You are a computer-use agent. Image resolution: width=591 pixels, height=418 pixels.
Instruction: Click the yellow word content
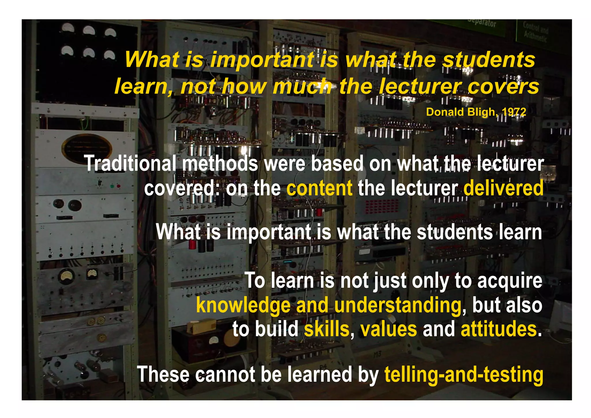(x=319, y=188)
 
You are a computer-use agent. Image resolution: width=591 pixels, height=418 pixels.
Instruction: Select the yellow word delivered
(x=503, y=188)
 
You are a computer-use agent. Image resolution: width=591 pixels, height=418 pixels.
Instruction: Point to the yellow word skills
(x=326, y=329)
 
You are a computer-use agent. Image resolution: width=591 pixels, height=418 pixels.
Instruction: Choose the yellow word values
(x=388, y=329)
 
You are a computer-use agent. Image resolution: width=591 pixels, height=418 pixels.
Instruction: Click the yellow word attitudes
(x=499, y=329)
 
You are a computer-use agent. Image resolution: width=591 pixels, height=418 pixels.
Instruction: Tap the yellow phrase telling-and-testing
(x=463, y=375)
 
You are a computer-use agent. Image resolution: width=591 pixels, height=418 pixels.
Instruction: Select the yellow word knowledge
(x=243, y=306)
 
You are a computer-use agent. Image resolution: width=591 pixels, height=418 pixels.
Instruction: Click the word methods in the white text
(x=220, y=164)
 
